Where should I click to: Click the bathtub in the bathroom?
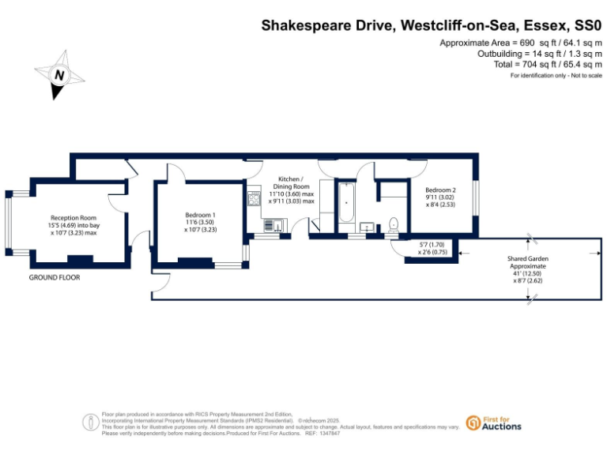[x=347, y=205]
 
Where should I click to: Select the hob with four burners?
[x=254, y=198]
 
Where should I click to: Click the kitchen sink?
[x=270, y=227]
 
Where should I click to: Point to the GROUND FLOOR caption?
[x=55, y=278]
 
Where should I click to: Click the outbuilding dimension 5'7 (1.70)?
[x=432, y=246]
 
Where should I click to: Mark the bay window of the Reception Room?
[x=7, y=224]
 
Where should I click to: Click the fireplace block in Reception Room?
[x=79, y=258]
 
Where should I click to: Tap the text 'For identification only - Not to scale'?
[x=556, y=75]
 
